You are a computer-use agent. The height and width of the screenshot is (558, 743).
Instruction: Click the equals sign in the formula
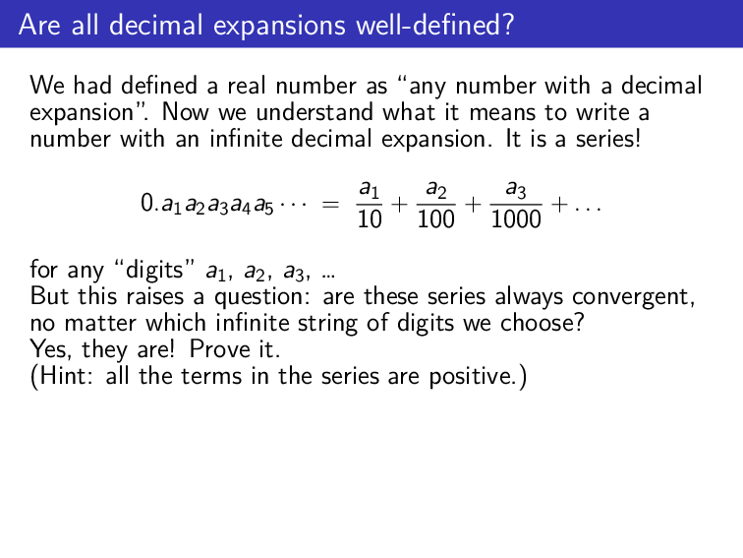[332, 206]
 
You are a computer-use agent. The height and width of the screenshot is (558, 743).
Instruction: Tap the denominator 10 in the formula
[370, 218]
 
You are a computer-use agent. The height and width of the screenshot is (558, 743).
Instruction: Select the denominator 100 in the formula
[435, 218]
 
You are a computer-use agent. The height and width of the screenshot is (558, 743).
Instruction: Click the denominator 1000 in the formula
[515, 218]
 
